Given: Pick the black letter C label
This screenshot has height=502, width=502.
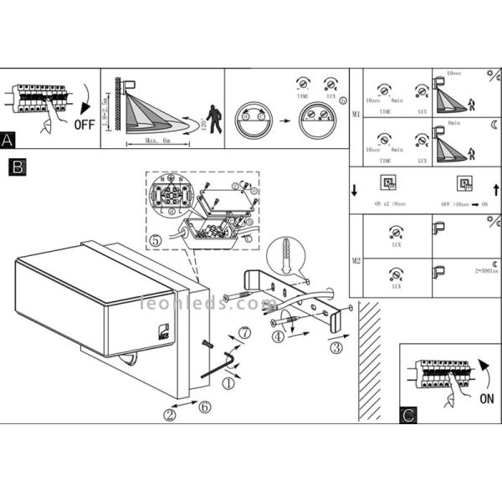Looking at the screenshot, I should [x=408, y=413].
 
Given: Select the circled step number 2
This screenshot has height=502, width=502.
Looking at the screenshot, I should [x=170, y=413].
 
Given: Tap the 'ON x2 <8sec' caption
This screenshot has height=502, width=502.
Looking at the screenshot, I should [x=391, y=203].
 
